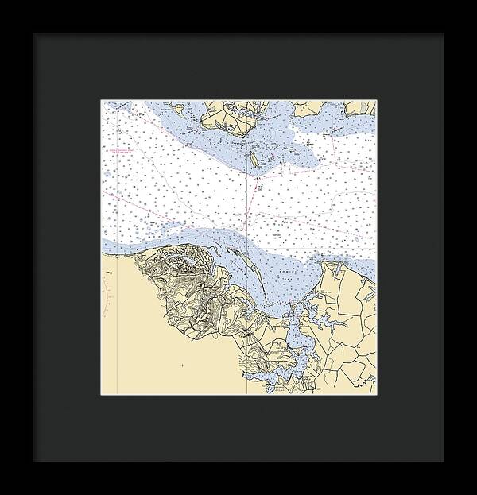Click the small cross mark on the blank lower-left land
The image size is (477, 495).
point(182,365)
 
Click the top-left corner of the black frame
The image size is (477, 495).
point(33,33)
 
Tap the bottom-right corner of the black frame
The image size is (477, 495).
point(444,461)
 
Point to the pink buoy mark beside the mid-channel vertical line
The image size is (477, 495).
point(258,188)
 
